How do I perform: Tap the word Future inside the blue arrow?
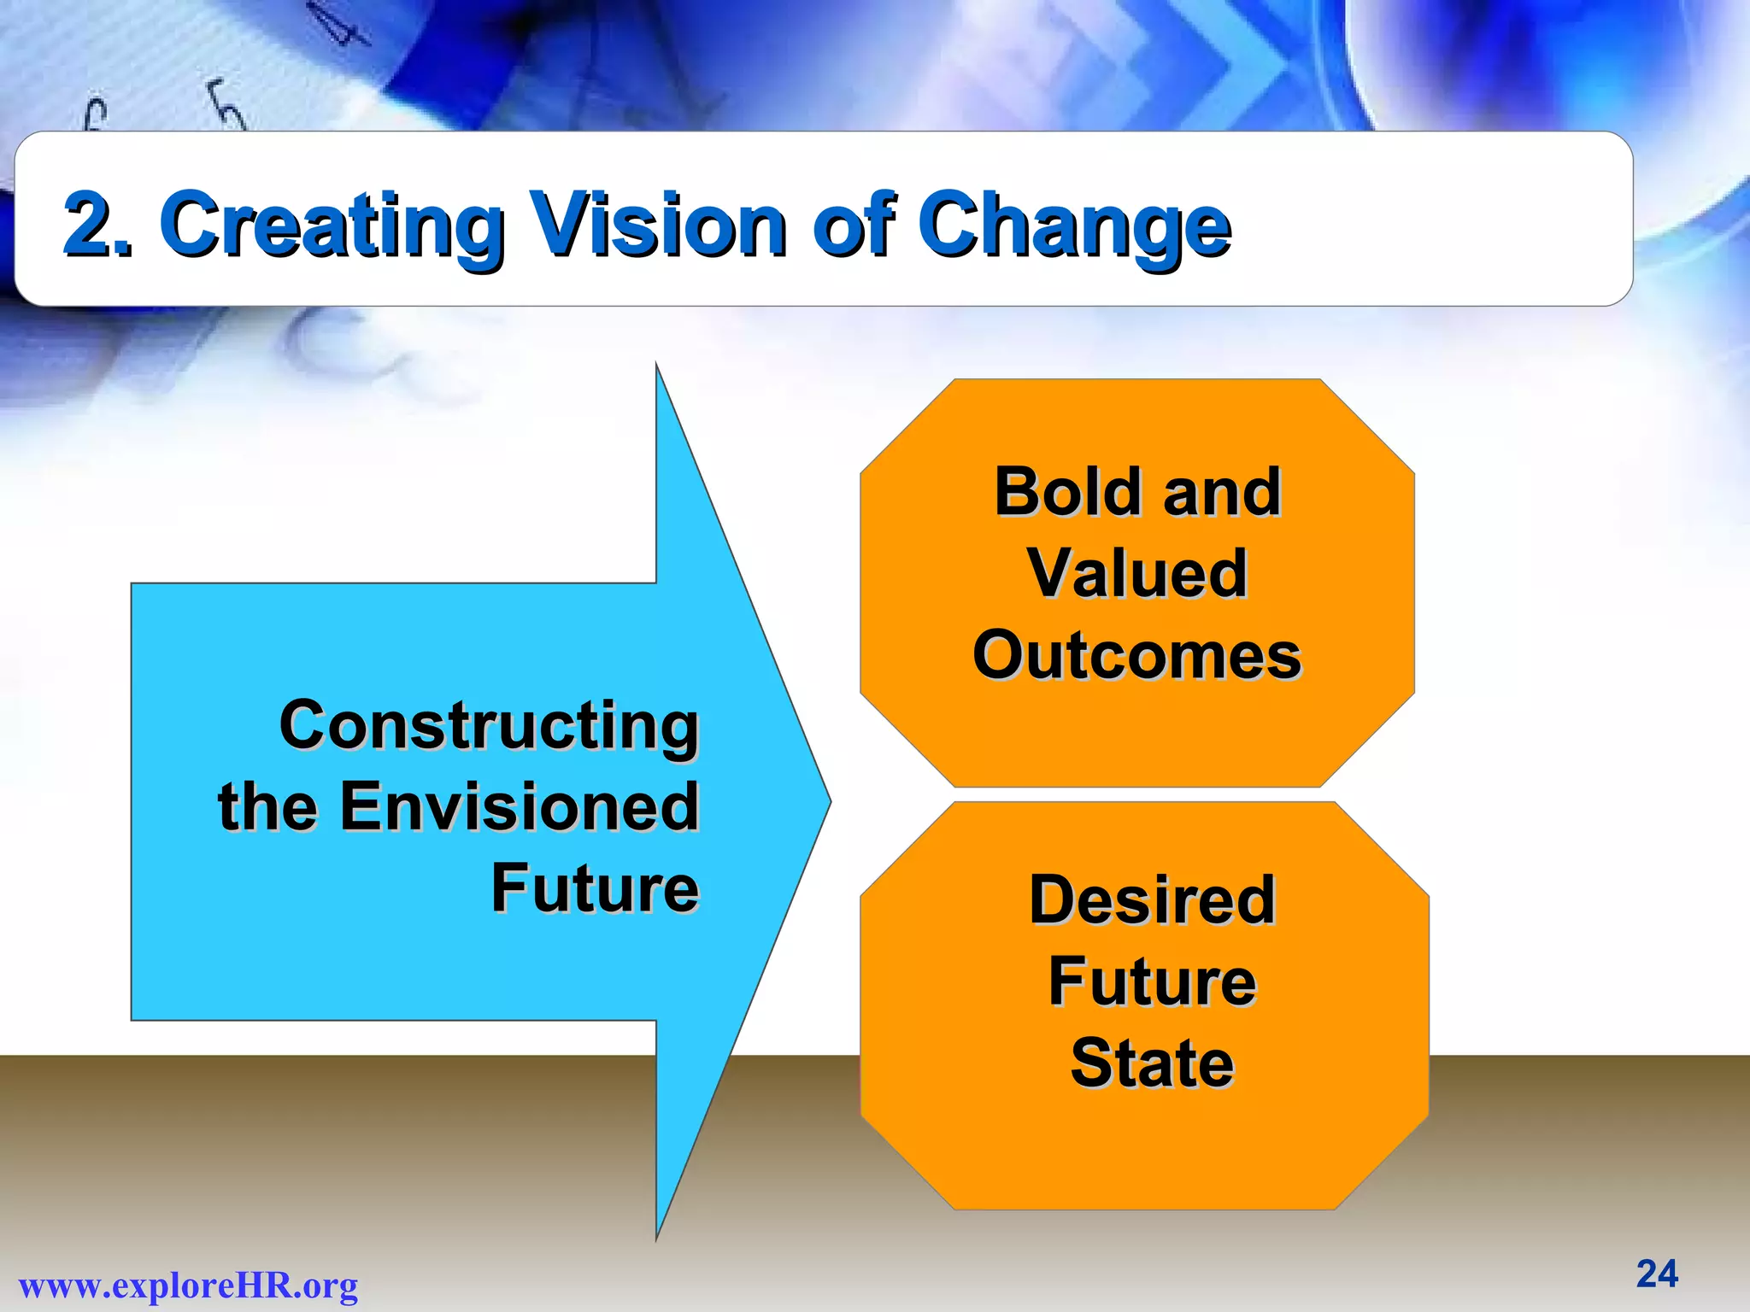click(595, 888)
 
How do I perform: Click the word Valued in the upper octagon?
click(1136, 572)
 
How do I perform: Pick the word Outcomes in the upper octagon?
click(1136, 655)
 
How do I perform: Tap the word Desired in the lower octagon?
click(1152, 899)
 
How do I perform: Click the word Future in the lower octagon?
click(1152, 981)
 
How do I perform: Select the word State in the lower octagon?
click(1152, 1063)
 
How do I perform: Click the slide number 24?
click(1657, 1274)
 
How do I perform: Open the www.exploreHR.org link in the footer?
click(188, 1286)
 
